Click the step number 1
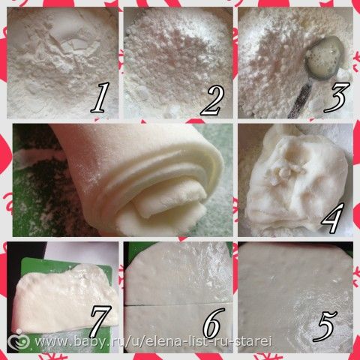pyautogui.click(x=100, y=97)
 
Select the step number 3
pyautogui.click(x=336, y=97)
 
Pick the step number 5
pyautogui.click(x=325, y=325)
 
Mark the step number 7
pyautogui.click(x=100, y=321)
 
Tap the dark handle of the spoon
pyautogui.click(x=300, y=100)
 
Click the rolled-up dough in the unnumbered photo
pyautogui.click(x=140, y=180)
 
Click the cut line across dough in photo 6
pyautogui.click(x=178, y=304)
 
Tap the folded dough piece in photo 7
pyautogui.click(x=66, y=298)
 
